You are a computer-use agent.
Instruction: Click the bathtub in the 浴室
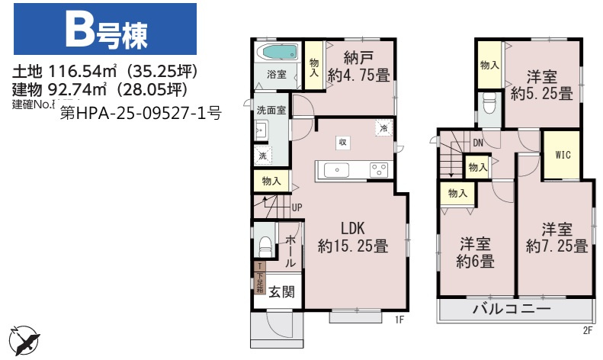[x=277, y=53]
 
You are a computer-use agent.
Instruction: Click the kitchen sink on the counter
[x=336, y=169]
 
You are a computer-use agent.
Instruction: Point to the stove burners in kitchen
[x=379, y=169]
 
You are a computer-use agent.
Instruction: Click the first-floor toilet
[x=264, y=248]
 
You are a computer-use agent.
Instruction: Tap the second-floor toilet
[x=489, y=102]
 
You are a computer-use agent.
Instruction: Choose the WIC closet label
[x=563, y=155]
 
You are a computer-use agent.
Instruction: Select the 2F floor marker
[x=587, y=330]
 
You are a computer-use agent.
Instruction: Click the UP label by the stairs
[x=297, y=207]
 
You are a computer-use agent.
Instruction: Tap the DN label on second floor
[x=477, y=143]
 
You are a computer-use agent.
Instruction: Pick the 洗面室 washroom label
[x=271, y=110]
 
